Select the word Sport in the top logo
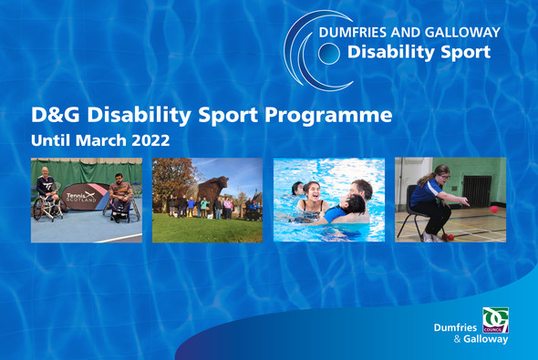[x=460, y=52]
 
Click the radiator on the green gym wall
[x=477, y=189]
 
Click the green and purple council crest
[x=495, y=320]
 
